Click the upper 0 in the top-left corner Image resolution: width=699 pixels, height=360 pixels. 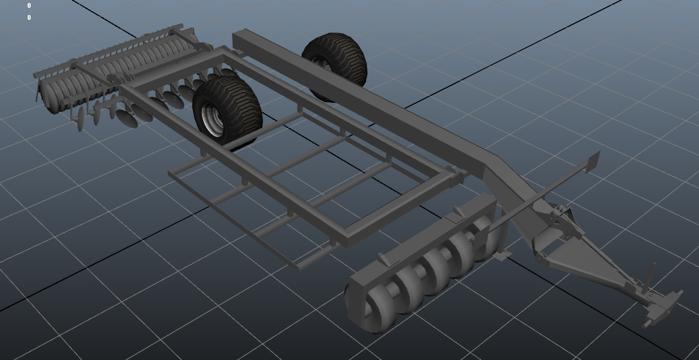[x=29, y=6]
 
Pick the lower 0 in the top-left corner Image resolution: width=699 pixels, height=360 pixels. [x=29, y=18]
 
